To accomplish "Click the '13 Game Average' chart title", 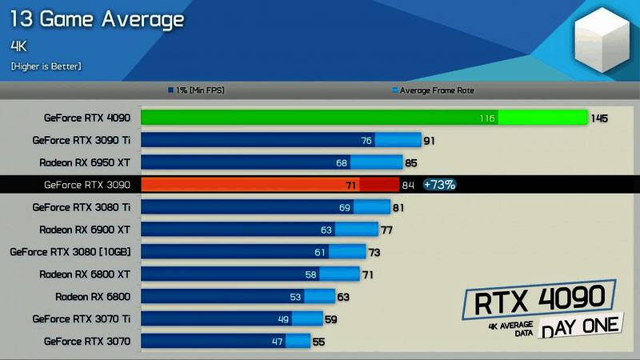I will pos(97,19).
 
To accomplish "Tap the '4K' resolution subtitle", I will pos(19,46).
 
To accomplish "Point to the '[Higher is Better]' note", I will pos(46,66).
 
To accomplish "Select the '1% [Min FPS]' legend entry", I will pos(196,90).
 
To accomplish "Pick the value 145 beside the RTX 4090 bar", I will pos(599,118).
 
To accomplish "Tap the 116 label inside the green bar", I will pos(487,118).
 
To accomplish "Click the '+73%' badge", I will pos(439,185).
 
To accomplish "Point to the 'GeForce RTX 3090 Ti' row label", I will pos(82,140).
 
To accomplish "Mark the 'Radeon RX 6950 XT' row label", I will pos(85,162).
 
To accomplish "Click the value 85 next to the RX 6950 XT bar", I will pos(411,163).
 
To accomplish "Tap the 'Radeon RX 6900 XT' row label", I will pos(85,230).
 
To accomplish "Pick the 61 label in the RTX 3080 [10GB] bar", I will pos(320,252).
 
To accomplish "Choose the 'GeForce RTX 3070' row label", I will pos(87,342).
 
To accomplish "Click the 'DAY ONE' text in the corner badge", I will pos(579,325).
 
